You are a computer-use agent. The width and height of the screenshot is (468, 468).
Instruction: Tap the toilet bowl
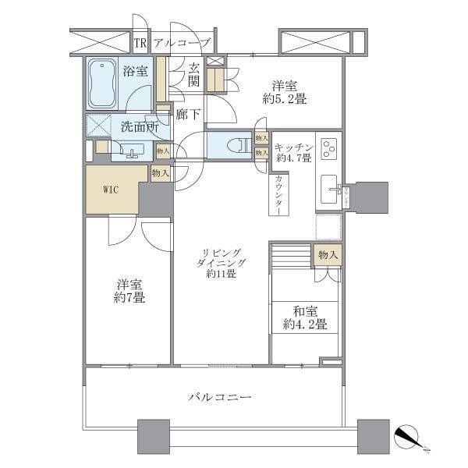[234, 145]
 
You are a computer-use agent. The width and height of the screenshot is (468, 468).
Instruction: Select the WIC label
[111, 190]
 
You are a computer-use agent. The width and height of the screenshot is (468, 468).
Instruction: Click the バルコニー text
[220, 398]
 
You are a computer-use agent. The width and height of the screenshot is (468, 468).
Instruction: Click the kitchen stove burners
[328, 147]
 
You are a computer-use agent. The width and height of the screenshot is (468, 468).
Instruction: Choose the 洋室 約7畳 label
[129, 291]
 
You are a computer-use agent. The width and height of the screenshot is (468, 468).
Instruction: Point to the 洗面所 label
[140, 127]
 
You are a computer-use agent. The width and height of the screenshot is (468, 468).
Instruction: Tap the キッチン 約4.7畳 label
[294, 151]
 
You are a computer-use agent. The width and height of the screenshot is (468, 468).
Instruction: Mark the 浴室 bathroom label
[135, 72]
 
